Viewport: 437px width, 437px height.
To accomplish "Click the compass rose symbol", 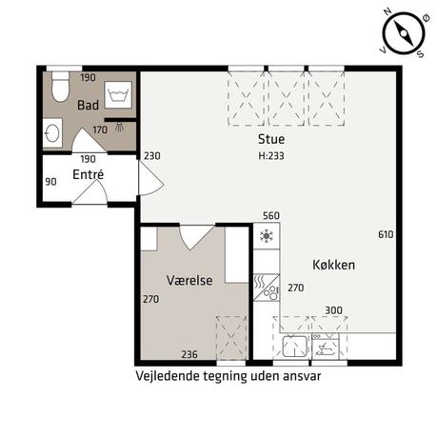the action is pos(404,33).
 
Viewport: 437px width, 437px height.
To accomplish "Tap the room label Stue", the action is pos(271,139).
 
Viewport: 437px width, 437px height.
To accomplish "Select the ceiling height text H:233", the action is pos(271,156).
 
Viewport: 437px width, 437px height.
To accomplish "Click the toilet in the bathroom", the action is pos(60,87).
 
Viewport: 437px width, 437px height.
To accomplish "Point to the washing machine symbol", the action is pos(118,94).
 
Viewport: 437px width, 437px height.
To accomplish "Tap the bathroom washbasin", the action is pos(52,133).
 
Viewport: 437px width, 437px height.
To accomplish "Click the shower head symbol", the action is pos(120,128).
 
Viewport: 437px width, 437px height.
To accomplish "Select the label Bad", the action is pos(88,105).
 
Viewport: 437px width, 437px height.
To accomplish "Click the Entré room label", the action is pos(88,174).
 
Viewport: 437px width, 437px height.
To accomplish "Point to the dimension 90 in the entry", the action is pos(50,182).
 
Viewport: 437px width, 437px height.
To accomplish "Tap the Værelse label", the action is pos(189,280).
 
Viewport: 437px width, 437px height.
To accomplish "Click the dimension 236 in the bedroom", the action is pos(189,354).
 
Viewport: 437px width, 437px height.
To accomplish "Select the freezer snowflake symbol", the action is pos(267,236).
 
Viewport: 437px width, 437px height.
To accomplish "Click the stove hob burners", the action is pos(271,292).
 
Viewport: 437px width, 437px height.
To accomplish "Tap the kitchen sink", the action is pos(295,346).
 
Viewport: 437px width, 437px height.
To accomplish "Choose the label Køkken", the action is pos(333,265).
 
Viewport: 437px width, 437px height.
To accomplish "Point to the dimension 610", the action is pos(386,234).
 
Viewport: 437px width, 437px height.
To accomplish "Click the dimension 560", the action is pos(271,216).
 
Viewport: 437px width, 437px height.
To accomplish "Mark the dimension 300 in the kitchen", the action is pos(333,310).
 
